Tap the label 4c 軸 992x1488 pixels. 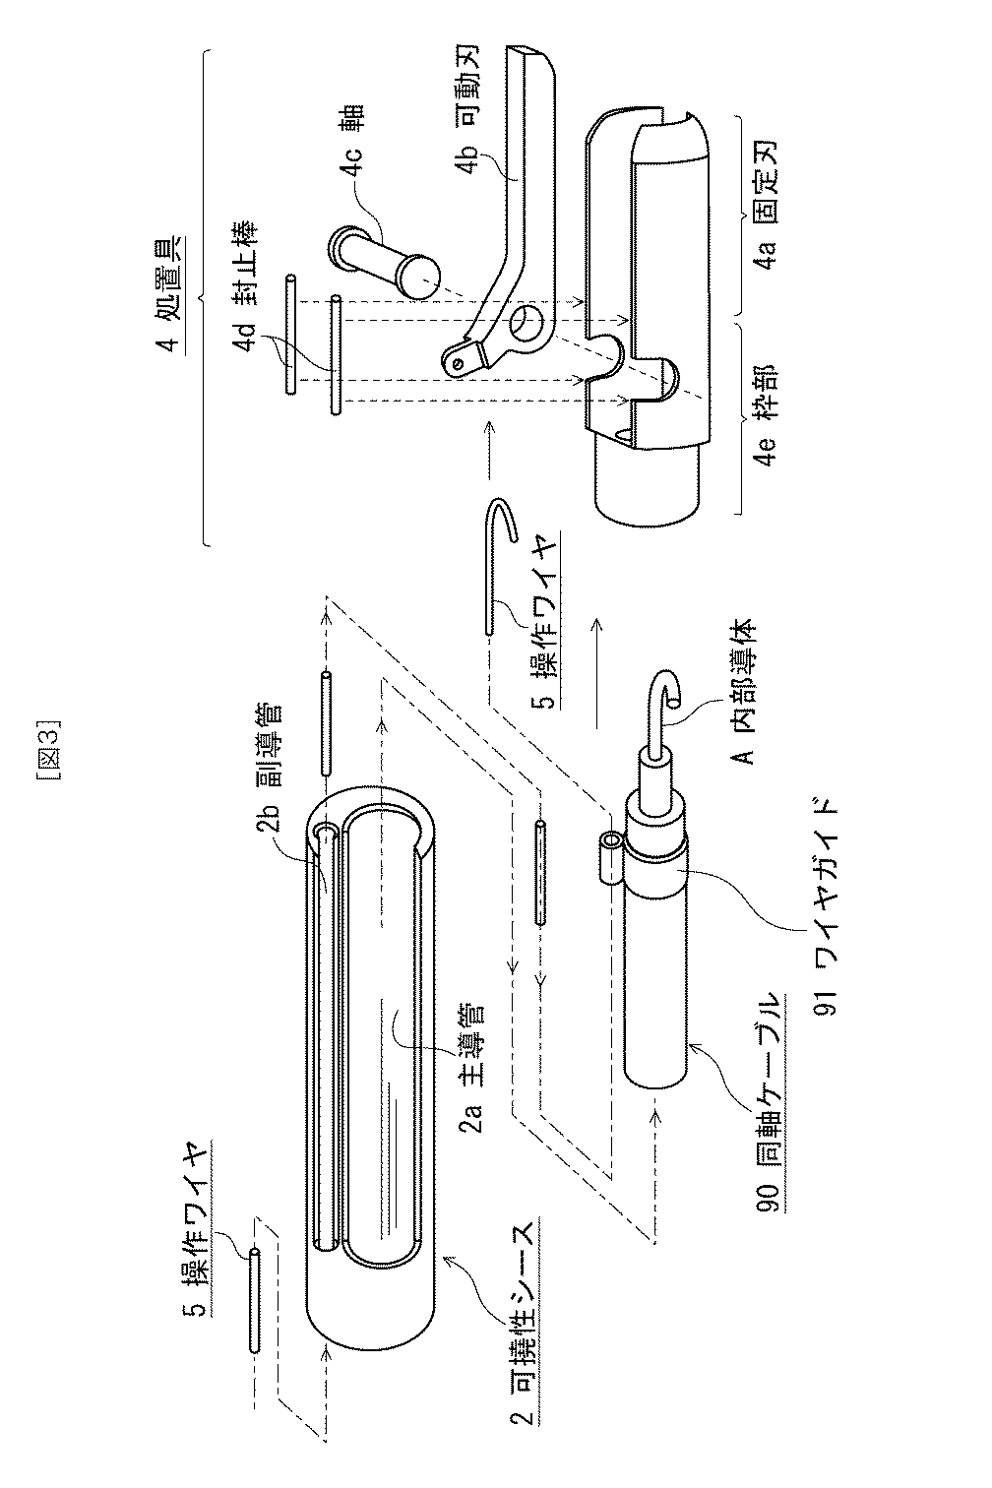(x=351, y=144)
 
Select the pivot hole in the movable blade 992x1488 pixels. (x=527, y=324)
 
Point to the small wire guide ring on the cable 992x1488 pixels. (x=610, y=845)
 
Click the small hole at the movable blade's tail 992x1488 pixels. (x=459, y=361)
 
